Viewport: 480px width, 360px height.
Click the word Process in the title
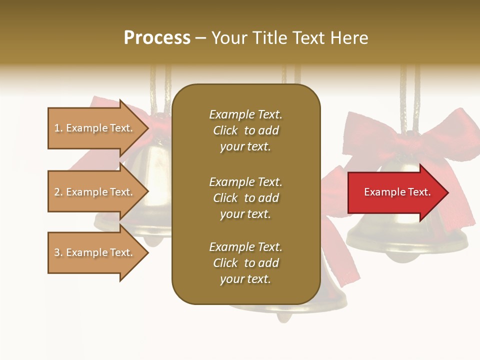click(157, 38)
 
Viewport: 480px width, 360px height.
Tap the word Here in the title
click(349, 38)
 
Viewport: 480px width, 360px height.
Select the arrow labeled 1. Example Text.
click(95, 128)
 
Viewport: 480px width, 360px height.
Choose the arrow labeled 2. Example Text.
click(95, 192)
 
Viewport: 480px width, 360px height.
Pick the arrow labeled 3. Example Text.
click(95, 252)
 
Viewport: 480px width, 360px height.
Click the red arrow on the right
click(395, 192)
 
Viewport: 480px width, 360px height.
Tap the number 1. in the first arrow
click(58, 128)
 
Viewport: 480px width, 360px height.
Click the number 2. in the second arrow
click(58, 192)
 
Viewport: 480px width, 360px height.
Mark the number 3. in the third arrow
click(58, 252)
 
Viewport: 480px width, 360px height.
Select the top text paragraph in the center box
click(245, 130)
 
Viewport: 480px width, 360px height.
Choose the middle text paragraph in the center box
click(245, 198)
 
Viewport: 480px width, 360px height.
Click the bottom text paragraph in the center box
click(245, 263)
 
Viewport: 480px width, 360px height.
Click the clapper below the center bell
click(284, 316)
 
